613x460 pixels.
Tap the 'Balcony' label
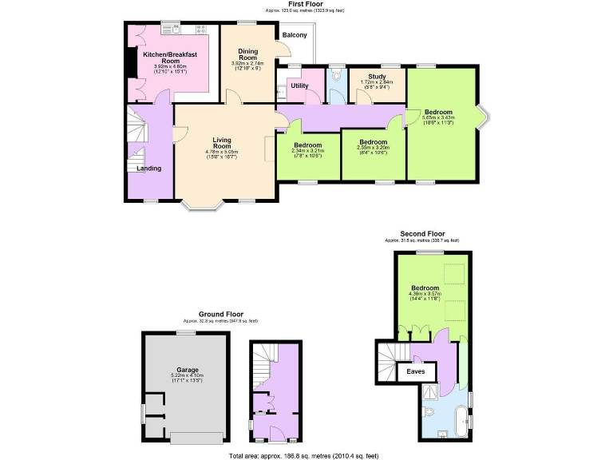295,35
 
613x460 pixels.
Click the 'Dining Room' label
248,55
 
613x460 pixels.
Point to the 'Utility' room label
299,85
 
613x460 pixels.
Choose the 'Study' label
376,77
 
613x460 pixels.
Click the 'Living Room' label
221,143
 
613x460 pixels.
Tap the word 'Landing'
149,169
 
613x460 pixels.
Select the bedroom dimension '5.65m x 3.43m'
438,118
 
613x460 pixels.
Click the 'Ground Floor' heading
221,314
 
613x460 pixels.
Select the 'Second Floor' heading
425,234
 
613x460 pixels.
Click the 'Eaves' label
416,372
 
